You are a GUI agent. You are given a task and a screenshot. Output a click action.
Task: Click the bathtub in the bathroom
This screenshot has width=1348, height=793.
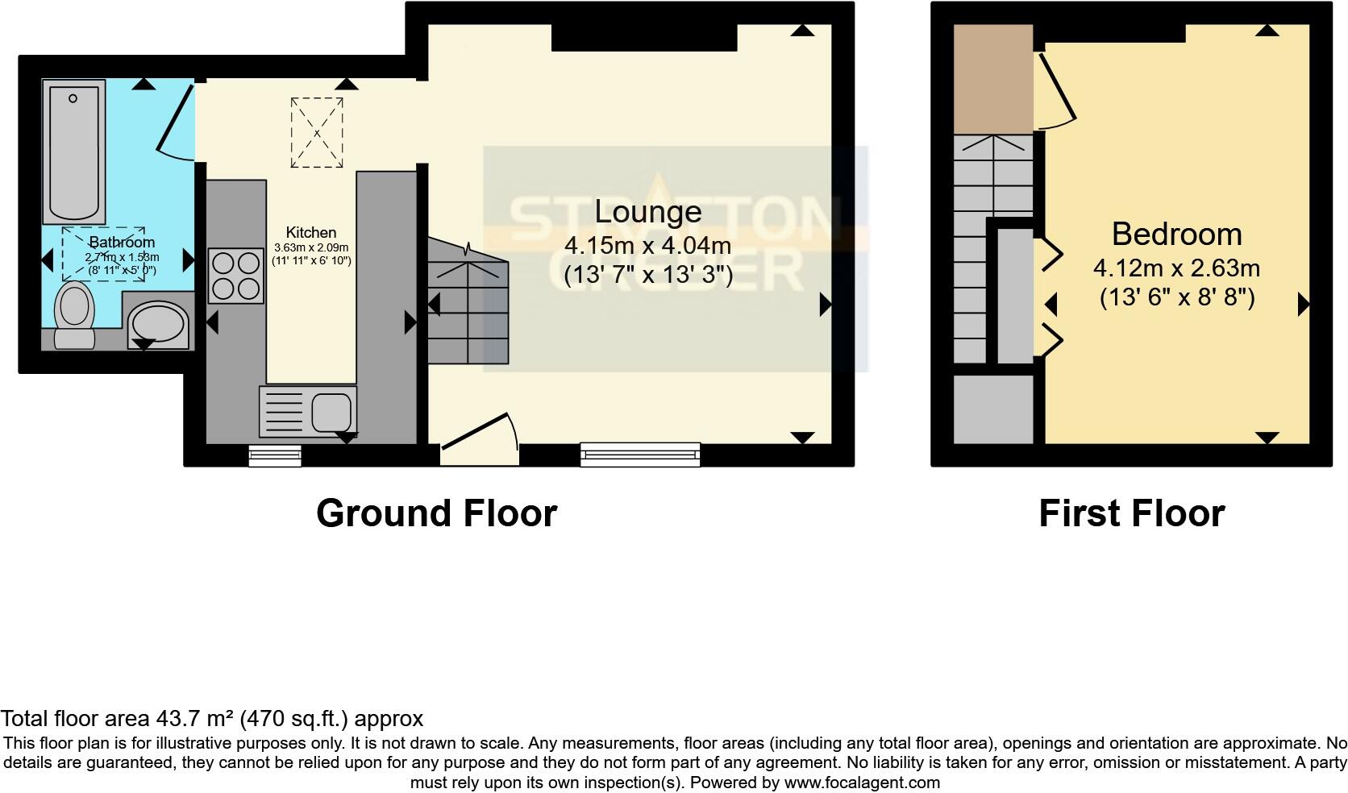point(73,152)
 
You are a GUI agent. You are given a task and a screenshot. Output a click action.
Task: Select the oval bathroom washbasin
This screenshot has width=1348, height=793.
point(159,323)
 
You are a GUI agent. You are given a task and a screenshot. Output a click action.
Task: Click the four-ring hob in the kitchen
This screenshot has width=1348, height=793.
point(235,276)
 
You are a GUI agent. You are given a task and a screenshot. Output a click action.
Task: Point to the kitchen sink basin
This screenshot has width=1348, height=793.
point(331,412)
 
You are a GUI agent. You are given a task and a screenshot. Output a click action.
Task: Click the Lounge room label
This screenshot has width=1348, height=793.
point(648,212)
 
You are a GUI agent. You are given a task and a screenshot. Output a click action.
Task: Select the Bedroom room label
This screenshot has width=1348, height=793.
point(1176,234)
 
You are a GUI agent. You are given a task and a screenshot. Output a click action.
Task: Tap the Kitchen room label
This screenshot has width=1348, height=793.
point(310,233)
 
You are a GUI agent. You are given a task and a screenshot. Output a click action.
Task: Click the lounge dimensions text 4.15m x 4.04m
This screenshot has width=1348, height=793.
point(648,245)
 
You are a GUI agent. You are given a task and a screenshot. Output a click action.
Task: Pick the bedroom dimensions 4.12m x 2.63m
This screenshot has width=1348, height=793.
point(1176,268)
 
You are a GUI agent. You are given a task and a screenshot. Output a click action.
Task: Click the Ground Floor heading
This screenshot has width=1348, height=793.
point(436,513)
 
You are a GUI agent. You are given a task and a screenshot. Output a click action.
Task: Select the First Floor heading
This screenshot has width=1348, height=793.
point(1131,513)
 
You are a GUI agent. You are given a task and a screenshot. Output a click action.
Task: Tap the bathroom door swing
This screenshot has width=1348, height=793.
point(177,121)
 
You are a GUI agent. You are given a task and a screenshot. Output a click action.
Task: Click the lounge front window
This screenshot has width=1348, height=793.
point(640,455)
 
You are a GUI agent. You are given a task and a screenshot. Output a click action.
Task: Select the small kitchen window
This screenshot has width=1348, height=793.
point(275,456)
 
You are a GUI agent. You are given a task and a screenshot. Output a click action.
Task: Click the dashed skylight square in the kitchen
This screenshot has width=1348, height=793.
point(317,133)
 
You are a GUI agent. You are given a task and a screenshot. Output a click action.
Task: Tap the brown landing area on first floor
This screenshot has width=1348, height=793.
point(993,79)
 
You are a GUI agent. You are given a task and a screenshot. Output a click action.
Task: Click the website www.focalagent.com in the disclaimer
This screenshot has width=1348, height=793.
point(862,782)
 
